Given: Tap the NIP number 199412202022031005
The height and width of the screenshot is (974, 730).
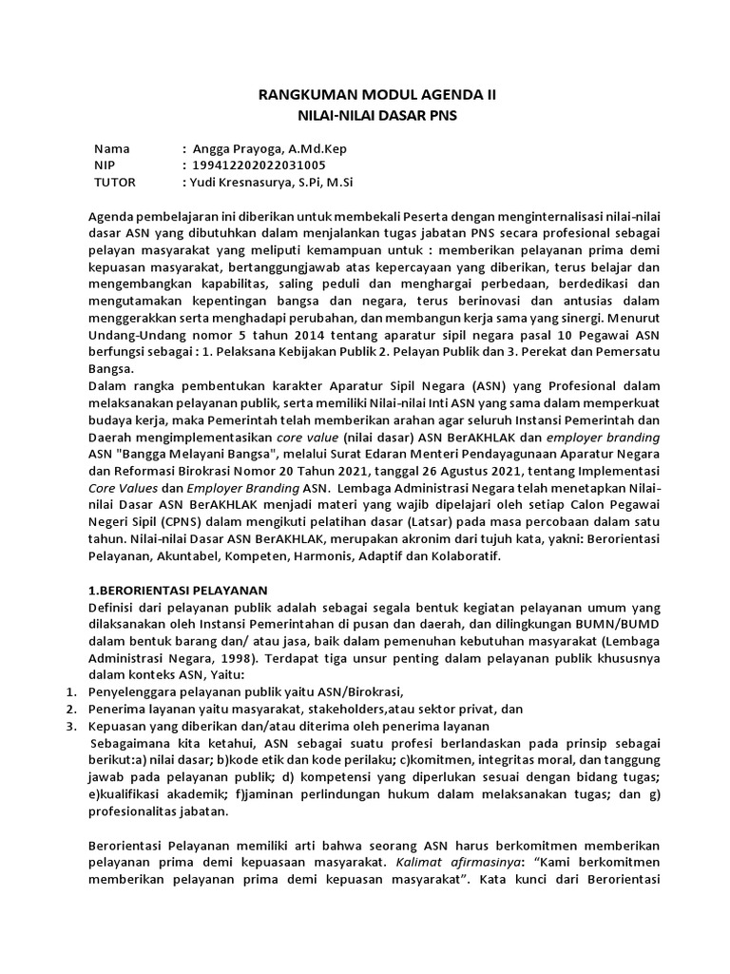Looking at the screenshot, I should (x=259, y=166).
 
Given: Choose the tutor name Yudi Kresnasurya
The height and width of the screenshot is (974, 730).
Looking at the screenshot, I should (x=247, y=182).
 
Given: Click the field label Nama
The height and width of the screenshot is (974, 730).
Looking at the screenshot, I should (x=111, y=149).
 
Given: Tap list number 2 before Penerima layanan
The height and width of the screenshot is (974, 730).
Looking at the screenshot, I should (x=71, y=709).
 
